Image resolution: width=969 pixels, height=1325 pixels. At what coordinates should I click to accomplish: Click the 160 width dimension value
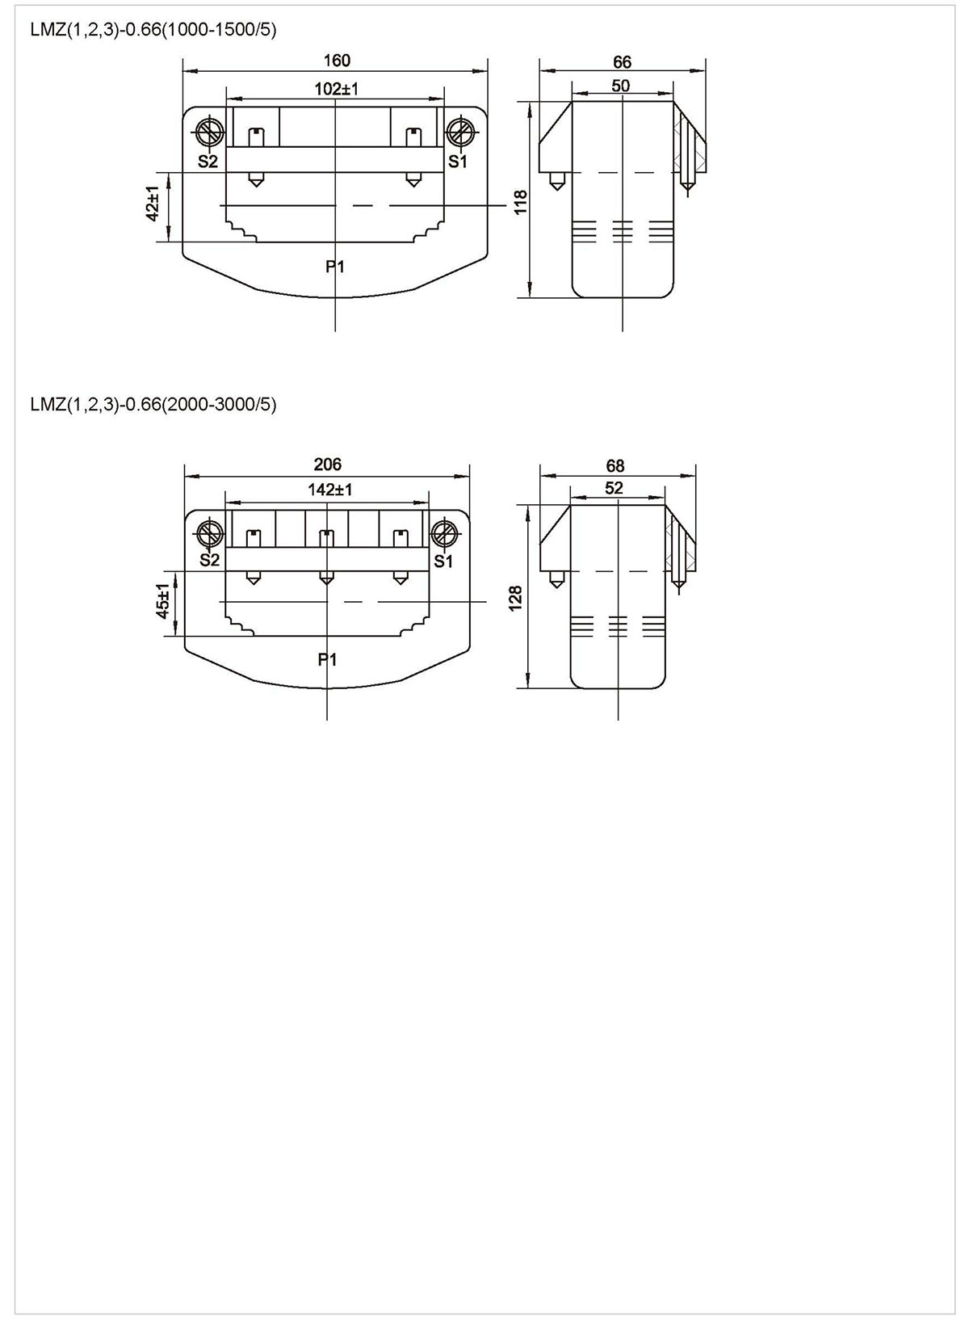pyautogui.click(x=337, y=61)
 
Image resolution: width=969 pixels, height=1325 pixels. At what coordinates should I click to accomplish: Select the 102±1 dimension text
pyautogui.click(x=337, y=90)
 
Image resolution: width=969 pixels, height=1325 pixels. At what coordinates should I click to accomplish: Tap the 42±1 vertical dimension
pyautogui.click(x=153, y=204)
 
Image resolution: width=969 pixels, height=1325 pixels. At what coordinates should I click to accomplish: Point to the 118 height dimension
pyautogui.click(x=521, y=202)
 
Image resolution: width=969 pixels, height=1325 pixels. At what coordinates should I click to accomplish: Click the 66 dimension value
pyautogui.click(x=622, y=62)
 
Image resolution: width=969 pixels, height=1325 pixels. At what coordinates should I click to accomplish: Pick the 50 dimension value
pyautogui.click(x=621, y=86)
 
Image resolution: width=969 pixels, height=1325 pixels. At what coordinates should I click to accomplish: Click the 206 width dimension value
pyautogui.click(x=328, y=465)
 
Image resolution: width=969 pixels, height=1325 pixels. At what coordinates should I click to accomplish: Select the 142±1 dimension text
pyautogui.click(x=330, y=490)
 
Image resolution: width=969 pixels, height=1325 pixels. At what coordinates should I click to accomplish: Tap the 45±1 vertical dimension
pyautogui.click(x=163, y=601)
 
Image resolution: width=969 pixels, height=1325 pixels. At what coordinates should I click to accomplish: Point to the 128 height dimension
pyautogui.click(x=515, y=598)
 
